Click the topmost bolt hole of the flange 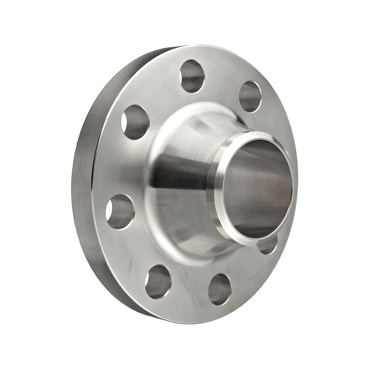[x=192, y=76]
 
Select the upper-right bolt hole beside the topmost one [x=250, y=96]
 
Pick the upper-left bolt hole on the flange [x=135, y=122]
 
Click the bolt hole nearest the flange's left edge [x=120, y=212]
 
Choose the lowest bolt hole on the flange [x=219, y=289]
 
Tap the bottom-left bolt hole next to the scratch [x=158, y=281]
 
